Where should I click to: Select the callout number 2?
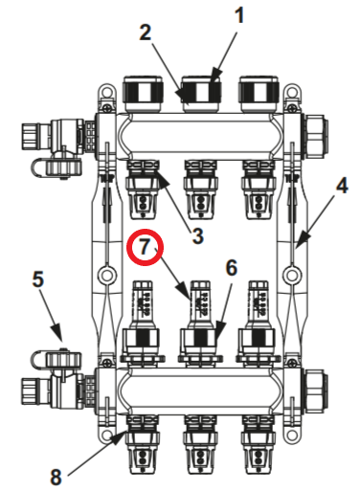[146, 32]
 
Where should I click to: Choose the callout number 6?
[230, 269]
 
